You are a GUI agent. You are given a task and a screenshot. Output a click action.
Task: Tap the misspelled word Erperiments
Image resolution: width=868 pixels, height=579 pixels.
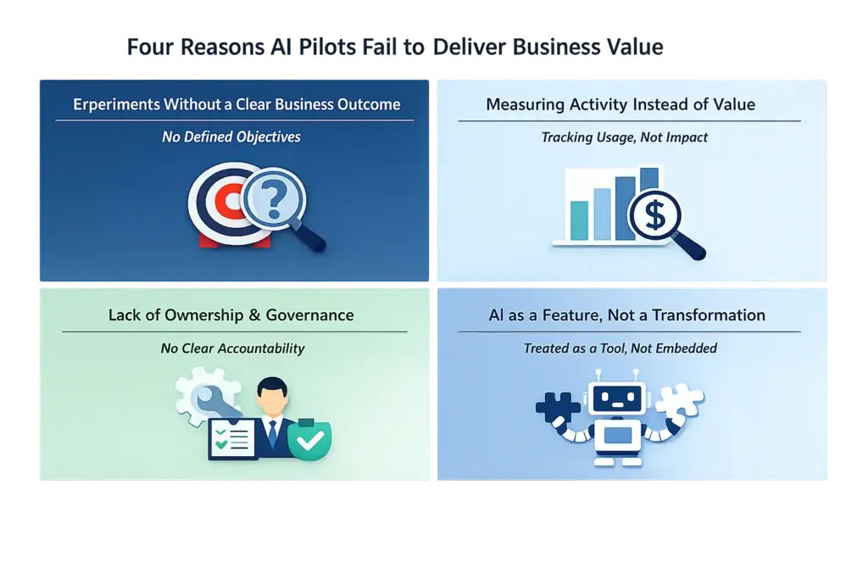click(116, 104)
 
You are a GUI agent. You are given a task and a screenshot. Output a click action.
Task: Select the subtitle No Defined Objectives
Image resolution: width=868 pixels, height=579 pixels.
click(231, 137)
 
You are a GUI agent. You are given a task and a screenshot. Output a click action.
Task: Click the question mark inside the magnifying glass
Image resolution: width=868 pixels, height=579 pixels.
click(274, 200)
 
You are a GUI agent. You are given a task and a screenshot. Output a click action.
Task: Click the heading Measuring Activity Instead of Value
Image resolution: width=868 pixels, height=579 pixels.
click(620, 104)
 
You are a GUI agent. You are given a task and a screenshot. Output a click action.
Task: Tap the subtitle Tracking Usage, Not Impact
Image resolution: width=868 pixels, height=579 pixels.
click(625, 137)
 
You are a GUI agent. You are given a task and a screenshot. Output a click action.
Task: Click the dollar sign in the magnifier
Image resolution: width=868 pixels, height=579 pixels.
click(655, 214)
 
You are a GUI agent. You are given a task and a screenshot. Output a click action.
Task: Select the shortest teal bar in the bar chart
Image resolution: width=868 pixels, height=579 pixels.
click(579, 220)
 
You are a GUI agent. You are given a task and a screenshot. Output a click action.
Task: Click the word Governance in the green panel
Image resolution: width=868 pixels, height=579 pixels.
click(310, 315)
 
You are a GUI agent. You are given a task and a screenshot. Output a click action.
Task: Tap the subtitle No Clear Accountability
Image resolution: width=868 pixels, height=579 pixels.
click(232, 348)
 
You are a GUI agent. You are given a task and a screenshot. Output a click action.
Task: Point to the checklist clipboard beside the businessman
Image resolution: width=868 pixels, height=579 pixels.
click(232, 439)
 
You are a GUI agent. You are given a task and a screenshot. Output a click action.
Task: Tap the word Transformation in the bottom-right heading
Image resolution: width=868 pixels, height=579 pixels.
click(709, 315)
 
